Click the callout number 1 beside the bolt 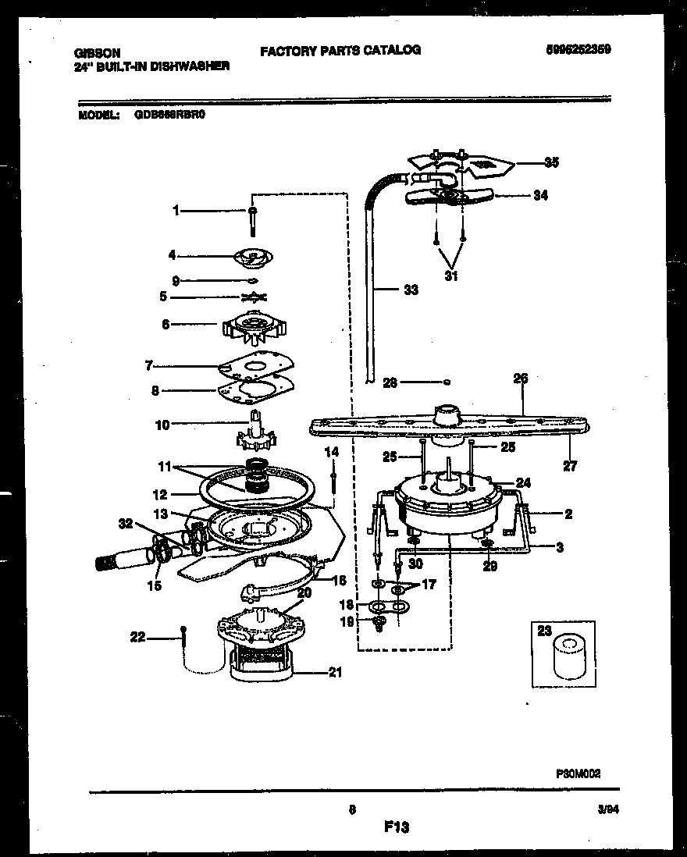coord(176,210)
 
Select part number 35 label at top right coord(551,163)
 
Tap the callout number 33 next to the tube coord(411,290)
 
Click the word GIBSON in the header coord(97,53)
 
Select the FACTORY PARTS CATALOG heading coord(340,50)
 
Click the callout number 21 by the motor coord(335,674)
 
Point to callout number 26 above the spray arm coord(521,379)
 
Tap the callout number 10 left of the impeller coord(162,425)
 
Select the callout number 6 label coord(164,323)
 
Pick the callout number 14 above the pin coord(332,452)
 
